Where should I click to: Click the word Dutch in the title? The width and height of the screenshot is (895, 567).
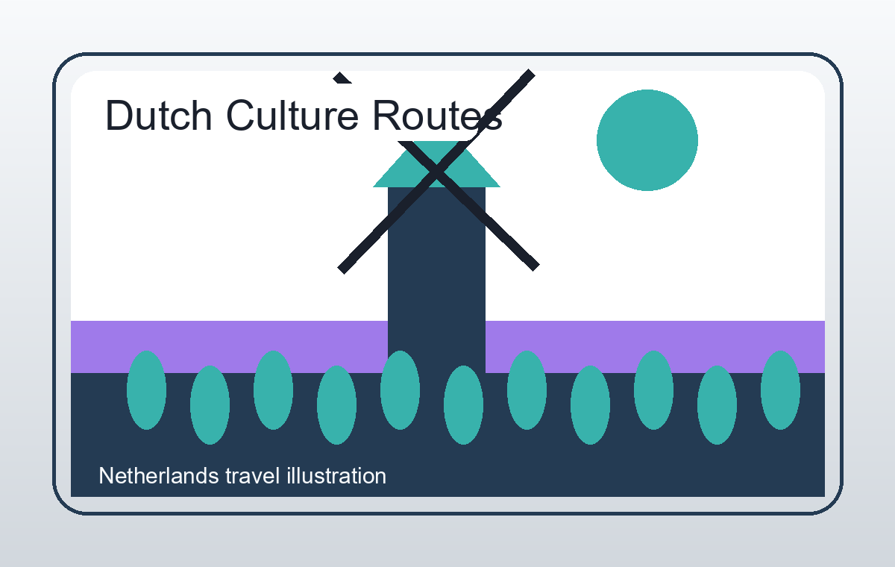(159, 116)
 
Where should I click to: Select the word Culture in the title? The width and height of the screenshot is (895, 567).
(292, 116)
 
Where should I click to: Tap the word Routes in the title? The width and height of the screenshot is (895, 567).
(438, 116)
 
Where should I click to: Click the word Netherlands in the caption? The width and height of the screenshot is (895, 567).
(159, 476)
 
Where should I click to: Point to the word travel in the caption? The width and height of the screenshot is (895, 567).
(253, 476)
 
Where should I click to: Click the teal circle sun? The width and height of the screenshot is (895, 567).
(647, 140)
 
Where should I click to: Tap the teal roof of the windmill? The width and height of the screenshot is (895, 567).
(437, 164)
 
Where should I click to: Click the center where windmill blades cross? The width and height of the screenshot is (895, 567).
(437, 172)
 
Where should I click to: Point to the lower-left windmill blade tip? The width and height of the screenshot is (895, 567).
(342, 270)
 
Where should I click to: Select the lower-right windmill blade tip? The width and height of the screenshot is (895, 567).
(536, 267)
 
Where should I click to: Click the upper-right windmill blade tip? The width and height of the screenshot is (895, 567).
(531, 72)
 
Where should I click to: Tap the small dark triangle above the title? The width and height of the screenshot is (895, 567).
(342, 78)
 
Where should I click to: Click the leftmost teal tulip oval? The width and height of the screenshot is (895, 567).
(146, 390)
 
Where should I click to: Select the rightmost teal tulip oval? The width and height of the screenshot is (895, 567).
(780, 390)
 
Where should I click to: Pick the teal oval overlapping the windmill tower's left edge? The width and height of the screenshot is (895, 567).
(400, 390)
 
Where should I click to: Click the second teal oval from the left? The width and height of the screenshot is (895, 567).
(210, 405)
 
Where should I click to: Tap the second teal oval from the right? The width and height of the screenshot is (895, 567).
(717, 405)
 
